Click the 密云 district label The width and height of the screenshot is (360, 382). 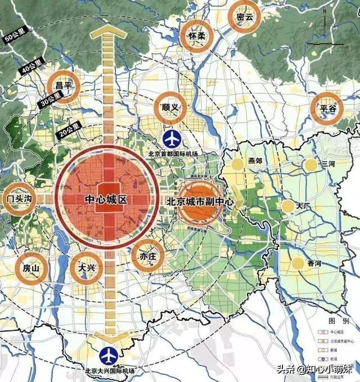coord(244,17)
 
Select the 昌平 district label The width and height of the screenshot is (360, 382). coord(63,88)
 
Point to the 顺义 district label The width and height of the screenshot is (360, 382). coord(169,106)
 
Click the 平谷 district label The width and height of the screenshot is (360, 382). coord(327,109)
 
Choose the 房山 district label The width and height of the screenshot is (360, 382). coord(31,269)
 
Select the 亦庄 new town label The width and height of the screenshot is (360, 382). coord(147,256)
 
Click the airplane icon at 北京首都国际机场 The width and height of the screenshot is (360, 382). coord(171,138)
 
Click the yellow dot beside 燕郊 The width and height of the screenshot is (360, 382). coord(237,164)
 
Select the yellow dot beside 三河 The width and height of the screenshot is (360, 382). coord(311,165)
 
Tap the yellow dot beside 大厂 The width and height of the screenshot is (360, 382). coord(287,206)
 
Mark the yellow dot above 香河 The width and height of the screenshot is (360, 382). coord(299,263)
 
